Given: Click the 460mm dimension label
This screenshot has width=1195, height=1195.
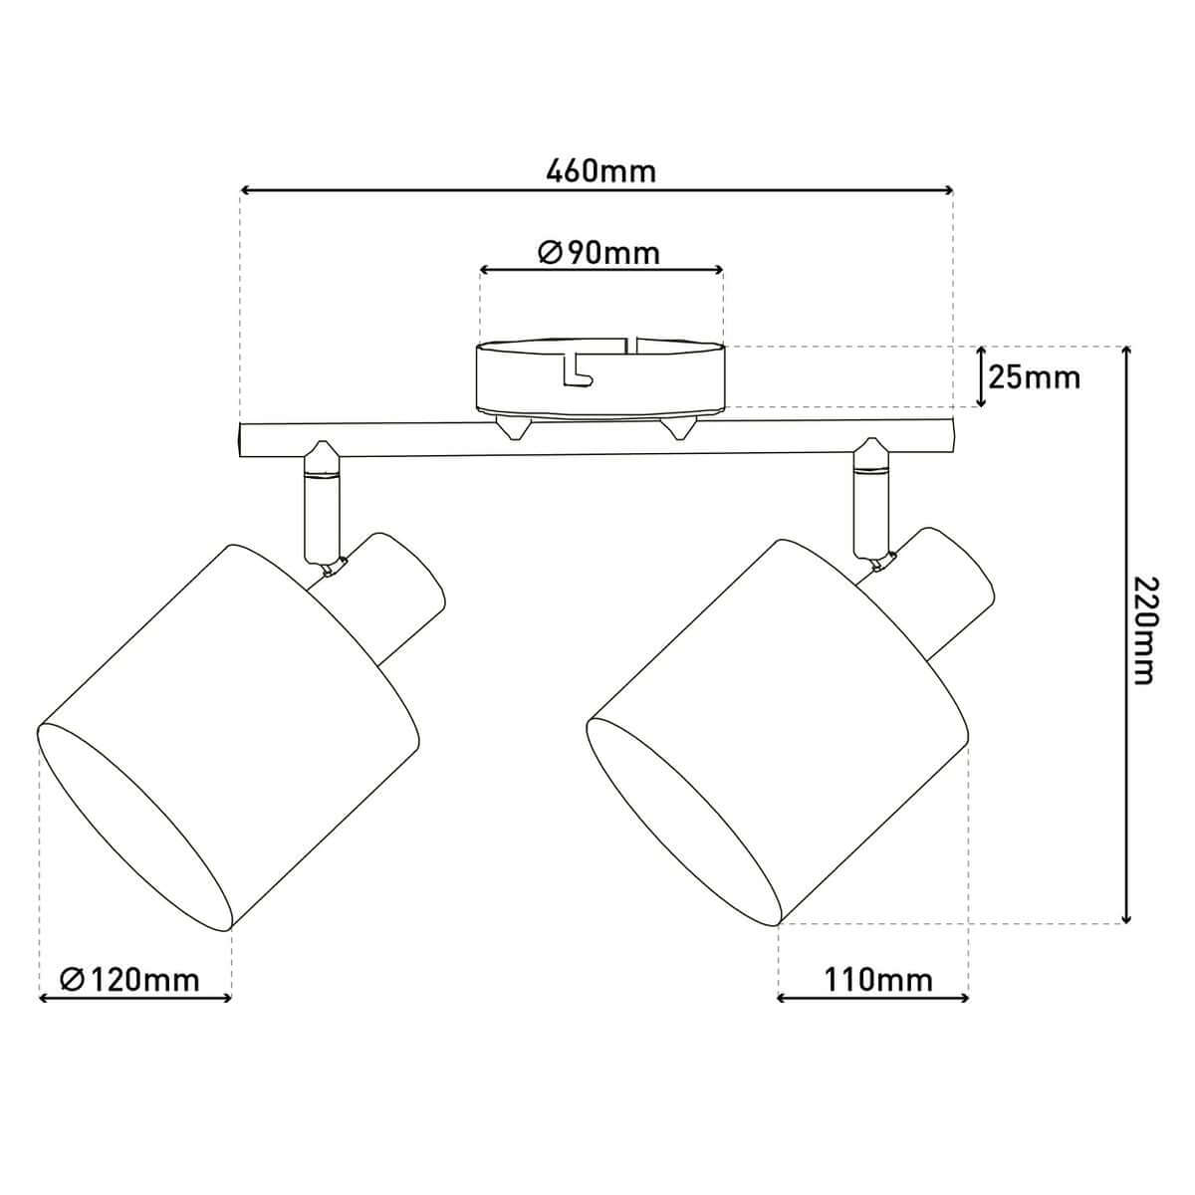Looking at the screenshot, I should (600, 170).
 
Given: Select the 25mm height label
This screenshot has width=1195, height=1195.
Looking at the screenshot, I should (1034, 378).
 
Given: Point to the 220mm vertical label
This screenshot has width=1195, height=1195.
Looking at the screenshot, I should (1143, 629).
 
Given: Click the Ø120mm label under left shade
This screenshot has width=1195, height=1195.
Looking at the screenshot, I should (129, 980).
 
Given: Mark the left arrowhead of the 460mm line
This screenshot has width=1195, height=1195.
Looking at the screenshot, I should (246, 190).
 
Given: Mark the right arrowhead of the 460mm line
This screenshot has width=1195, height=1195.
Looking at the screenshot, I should (948, 190).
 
